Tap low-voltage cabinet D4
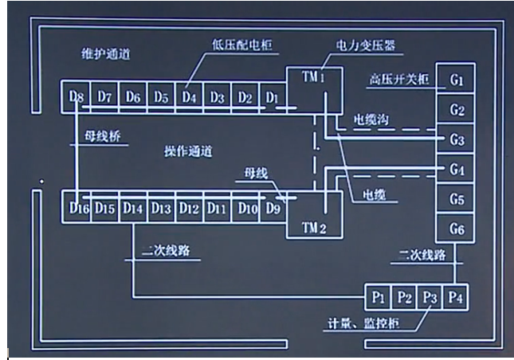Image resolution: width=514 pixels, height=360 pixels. (x=188, y=97)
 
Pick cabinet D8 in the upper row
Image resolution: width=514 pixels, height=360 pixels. (x=77, y=97)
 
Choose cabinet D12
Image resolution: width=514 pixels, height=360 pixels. (x=188, y=209)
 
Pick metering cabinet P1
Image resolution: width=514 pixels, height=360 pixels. (x=379, y=299)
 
